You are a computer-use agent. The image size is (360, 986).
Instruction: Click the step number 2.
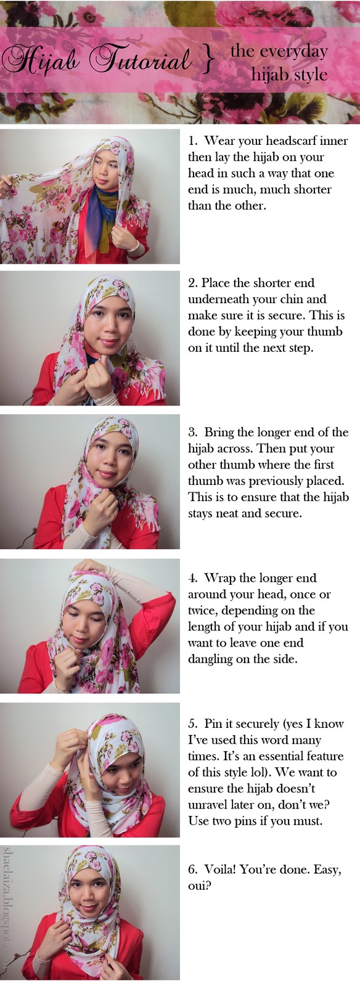point(192,283)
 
